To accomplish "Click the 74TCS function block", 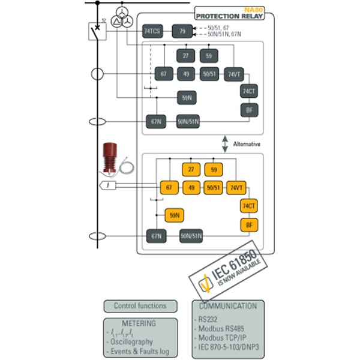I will (x=152, y=31).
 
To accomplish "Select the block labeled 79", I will (x=182, y=31).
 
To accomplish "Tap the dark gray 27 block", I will (x=185, y=56).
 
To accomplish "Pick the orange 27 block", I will (x=191, y=170).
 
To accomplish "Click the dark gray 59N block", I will (x=186, y=97).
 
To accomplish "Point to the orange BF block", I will (x=248, y=225).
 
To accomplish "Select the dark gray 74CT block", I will (x=249, y=91).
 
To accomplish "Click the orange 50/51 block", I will (x=213, y=188).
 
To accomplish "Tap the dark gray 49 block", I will (x=185, y=74).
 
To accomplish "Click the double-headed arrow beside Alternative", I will (x=225, y=145).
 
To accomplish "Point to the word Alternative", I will (x=247, y=145).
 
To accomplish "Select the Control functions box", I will (x=140, y=306).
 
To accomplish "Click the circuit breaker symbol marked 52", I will (x=96, y=29).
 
